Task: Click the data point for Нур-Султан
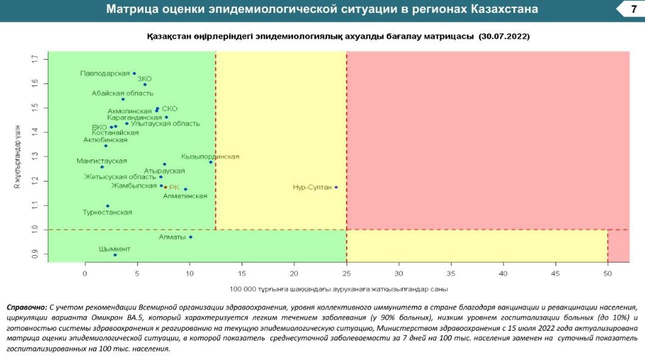click(x=336, y=187)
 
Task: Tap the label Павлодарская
click(x=105, y=74)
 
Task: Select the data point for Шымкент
click(x=115, y=255)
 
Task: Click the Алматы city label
click(x=172, y=237)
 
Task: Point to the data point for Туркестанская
click(x=108, y=206)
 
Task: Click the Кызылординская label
click(x=210, y=157)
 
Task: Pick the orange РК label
click(x=174, y=188)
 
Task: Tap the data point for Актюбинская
click(x=106, y=146)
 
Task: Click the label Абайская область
click(x=117, y=93)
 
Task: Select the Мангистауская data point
click(x=102, y=167)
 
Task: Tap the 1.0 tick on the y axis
click(x=35, y=230)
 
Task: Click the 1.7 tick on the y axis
click(x=35, y=59)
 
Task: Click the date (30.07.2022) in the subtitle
click(x=504, y=37)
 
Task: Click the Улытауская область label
click(x=165, y=124)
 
